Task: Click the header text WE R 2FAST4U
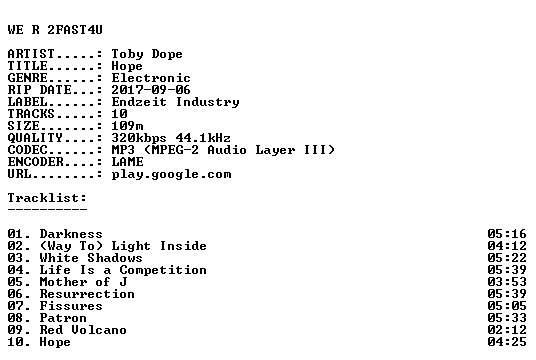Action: (55, 30)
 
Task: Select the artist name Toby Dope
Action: (147, 54)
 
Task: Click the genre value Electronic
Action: (151, 78)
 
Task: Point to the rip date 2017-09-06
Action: (151, 90)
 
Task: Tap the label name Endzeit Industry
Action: (175, 102)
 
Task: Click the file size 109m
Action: (127, 126)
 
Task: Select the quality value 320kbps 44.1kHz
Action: (171, 138)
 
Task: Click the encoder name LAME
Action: (127, 162)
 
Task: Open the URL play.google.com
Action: (171, 175)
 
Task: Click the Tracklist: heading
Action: (47, 198)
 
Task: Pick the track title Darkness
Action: (71, 234)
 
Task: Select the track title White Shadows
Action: (91, 258)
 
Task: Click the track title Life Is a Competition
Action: (123, 270)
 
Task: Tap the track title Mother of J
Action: (83, 282)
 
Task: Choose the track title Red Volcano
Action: (83, 330)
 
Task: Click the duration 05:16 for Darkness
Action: (507, 234)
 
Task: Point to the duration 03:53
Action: (507, 282)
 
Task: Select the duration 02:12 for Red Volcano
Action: (507, 330)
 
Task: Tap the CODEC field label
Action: (27, 150)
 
